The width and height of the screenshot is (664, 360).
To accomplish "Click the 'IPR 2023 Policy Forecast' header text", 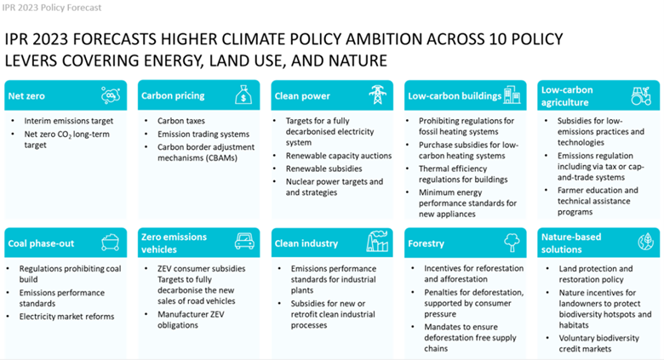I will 53,8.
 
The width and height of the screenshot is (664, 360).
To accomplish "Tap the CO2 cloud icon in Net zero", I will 110,95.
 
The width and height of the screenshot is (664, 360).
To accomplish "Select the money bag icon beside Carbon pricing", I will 243,95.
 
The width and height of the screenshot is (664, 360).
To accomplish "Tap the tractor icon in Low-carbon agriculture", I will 642,95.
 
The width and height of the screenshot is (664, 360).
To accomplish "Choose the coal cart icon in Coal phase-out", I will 110,243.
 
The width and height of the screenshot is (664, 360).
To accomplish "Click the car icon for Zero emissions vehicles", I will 243,243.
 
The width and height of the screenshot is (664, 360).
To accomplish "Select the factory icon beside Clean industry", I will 376,242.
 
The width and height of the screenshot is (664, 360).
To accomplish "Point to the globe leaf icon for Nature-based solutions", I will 643,243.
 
